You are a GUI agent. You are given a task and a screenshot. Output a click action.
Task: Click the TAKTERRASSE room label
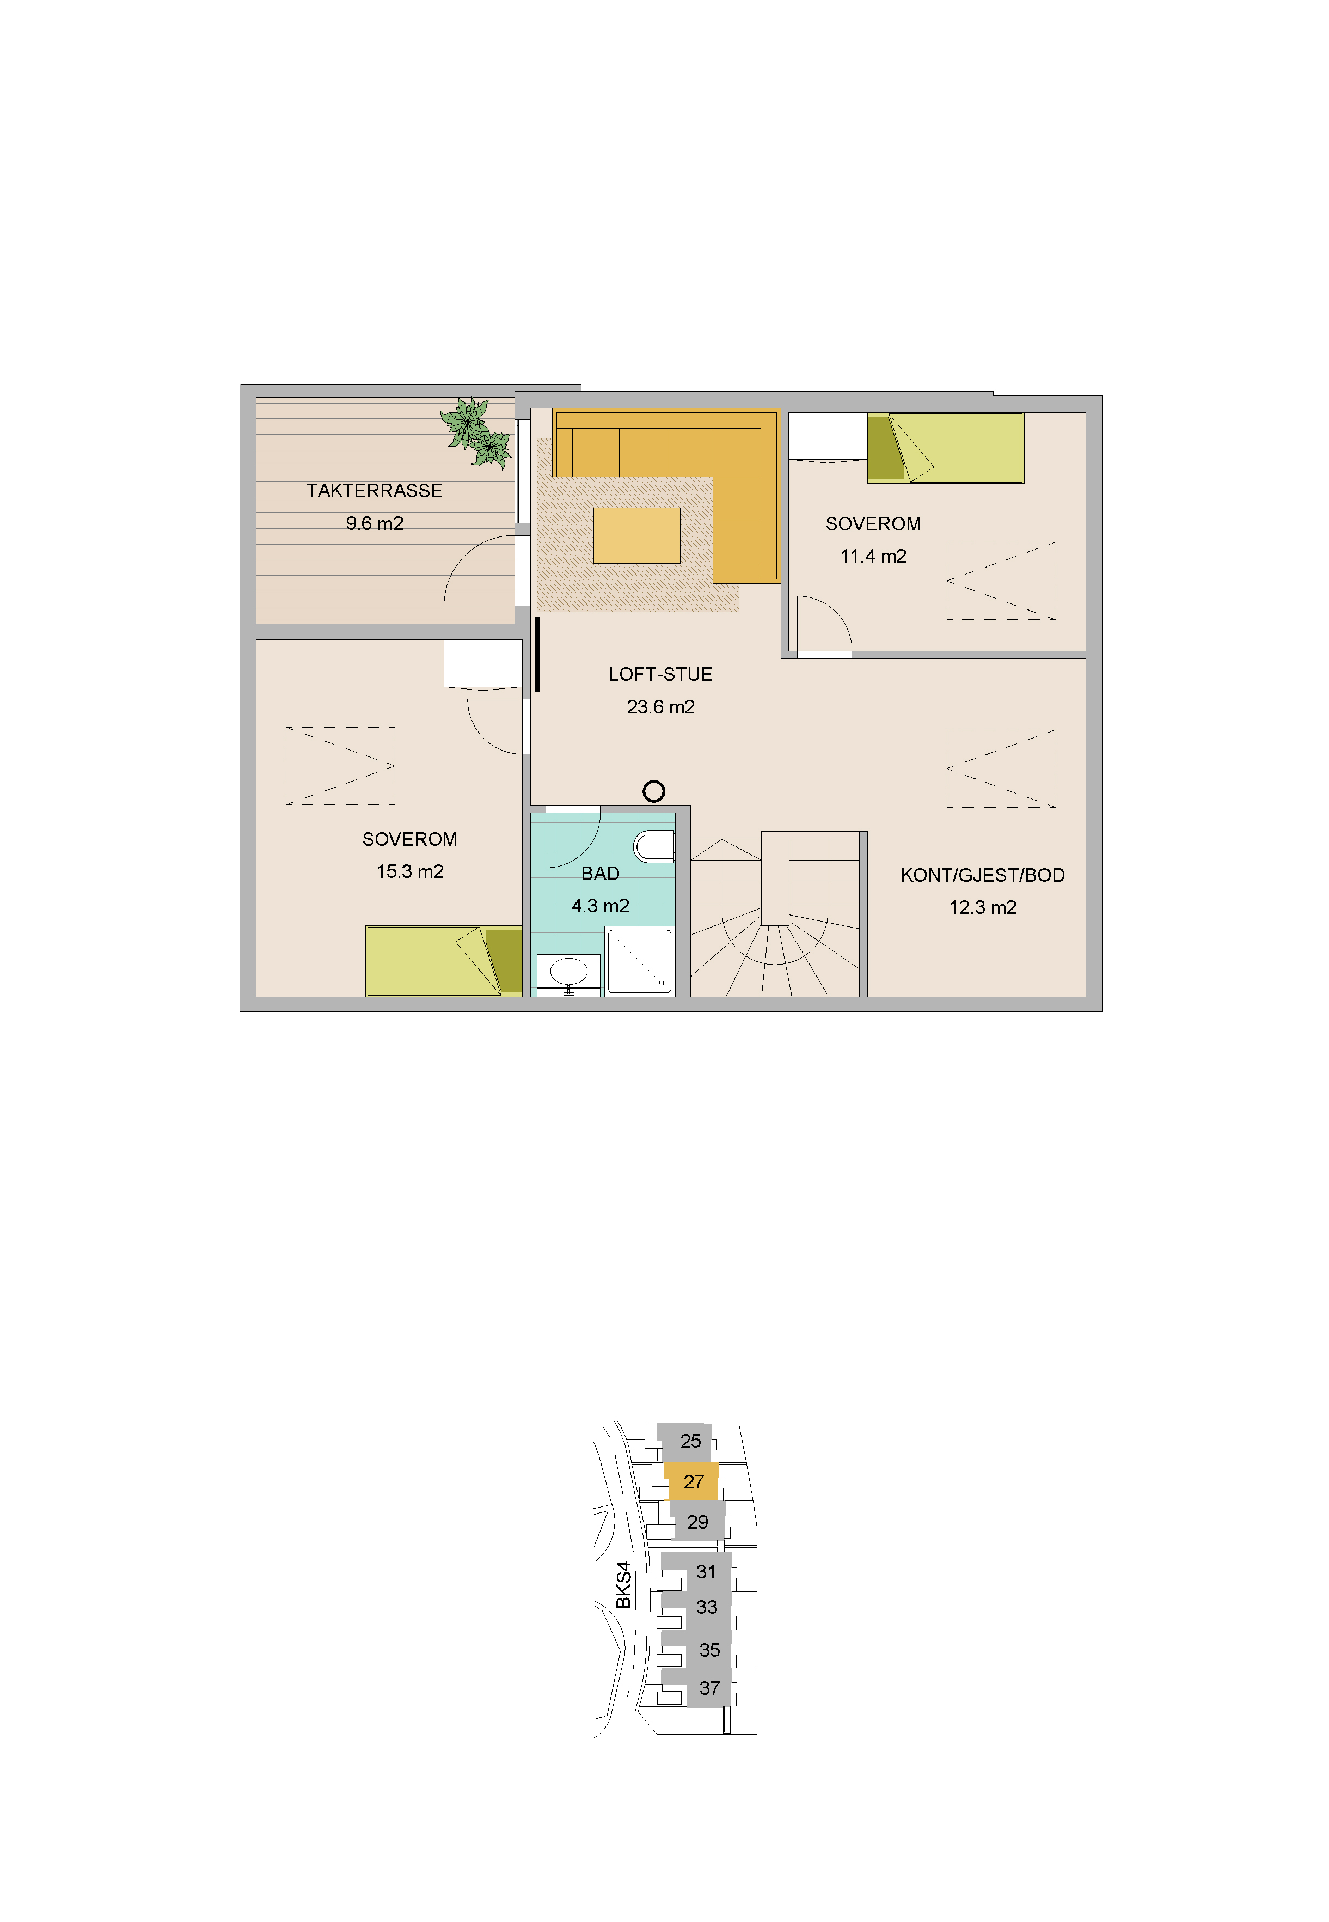[x=374, y=491]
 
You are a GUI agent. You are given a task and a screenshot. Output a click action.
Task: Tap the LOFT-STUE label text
[x=660, y=675]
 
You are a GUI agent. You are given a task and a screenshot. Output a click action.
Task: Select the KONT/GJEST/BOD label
[x=983, y=875]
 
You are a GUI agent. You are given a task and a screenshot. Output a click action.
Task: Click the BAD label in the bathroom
[x=601, y=874]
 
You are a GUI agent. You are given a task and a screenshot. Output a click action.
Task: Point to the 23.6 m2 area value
[x=660, y=707]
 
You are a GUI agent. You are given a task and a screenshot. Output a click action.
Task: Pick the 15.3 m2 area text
[x=409, y=872]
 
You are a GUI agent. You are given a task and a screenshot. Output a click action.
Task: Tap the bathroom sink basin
[x=569, y=972]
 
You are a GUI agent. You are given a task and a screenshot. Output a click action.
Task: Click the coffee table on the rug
[x=637, y=535]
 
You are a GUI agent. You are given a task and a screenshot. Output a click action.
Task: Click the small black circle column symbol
[x=654, y=791]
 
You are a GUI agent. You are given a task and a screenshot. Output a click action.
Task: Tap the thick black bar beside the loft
[x=537, y=655]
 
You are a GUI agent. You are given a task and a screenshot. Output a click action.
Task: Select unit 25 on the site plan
[x=690, y=1441]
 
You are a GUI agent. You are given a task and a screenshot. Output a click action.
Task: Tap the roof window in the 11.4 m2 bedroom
[x=1001, y=581]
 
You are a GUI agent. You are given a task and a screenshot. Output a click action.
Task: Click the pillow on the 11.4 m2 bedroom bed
[x=885, y=448]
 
